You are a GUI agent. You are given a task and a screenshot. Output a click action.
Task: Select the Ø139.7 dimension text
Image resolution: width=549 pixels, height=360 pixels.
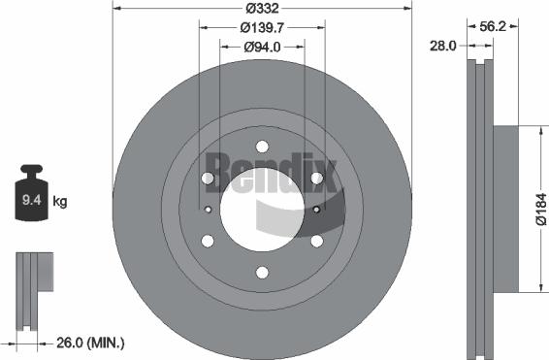click(263, 27)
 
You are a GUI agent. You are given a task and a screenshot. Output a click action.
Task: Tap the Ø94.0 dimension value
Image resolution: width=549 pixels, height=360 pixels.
click(263, 46)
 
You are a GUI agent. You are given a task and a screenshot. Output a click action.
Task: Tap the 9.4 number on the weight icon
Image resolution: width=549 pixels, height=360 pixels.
click(31, 202)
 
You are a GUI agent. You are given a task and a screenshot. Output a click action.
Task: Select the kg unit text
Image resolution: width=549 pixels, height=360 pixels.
click(59, 202)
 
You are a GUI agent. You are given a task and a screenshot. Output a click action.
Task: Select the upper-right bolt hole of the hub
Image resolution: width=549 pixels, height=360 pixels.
click(316, 178)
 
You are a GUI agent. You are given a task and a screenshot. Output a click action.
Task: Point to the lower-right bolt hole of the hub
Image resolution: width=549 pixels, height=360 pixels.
click(316, 241)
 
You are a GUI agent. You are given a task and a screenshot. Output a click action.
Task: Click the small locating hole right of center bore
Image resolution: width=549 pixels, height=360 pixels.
click(316, 208)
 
